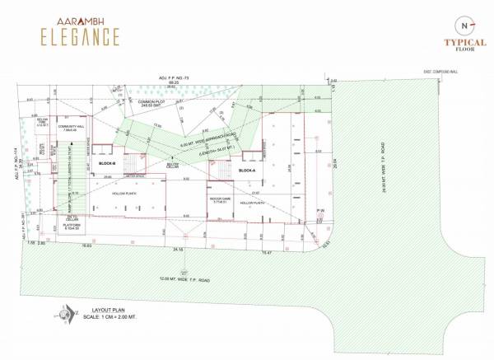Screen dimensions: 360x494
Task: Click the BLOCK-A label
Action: pyautogui.click(x=246, y=171)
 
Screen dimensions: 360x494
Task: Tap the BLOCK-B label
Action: pyautogui.click(x=106, y=163)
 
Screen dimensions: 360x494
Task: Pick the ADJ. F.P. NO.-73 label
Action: pyautogui.click(x=175, y=77)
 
